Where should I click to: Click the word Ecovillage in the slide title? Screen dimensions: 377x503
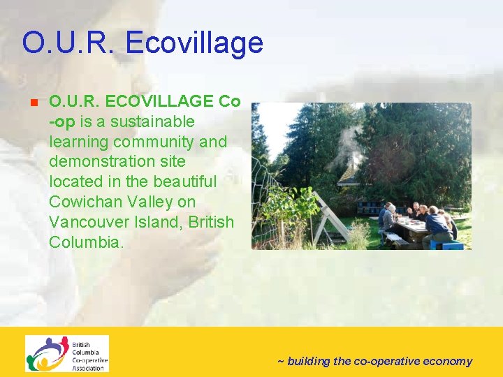tap(195, 43)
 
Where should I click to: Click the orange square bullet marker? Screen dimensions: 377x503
tap(33, 102)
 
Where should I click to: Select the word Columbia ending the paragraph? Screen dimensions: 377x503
tap(86, 242)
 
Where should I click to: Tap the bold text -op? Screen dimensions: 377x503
tap(62, 121)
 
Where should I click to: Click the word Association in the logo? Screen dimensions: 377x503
tap(88, 368)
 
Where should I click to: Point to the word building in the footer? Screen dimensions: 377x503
tap(309, 361)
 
